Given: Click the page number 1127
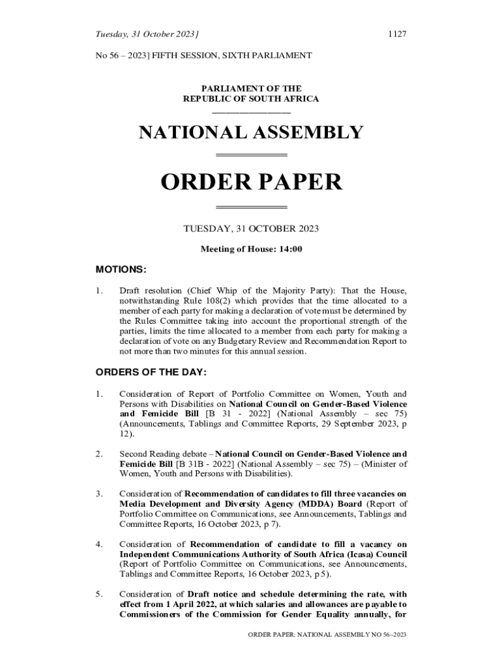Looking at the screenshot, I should click(x=397, y=34).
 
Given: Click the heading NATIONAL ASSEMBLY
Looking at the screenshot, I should click(x=251, y=132).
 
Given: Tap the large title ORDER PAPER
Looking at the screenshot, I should click(x=251, y=182).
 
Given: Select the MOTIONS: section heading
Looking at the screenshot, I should click(x=121, y=269).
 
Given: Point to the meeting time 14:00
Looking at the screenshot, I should click(x=290, y=249).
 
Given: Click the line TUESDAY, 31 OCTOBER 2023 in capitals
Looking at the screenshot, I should click(x=251, y=229).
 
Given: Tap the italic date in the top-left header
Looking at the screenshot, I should click(x=147, y=34).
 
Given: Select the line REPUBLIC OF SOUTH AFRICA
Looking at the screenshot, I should click(x=251, y=99).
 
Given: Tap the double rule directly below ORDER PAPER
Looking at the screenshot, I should click(x=251, y=207).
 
